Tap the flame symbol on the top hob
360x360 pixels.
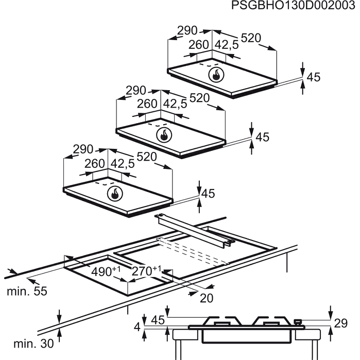point(217,75)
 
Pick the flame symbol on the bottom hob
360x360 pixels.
point(115,194)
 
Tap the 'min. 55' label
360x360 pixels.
point(27,292)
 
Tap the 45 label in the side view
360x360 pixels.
point(158,320)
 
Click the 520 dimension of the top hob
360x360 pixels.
point(251,38)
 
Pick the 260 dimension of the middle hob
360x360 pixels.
point(147,104)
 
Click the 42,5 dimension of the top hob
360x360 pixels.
point(227,45)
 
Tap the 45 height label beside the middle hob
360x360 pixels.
point(263,137)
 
